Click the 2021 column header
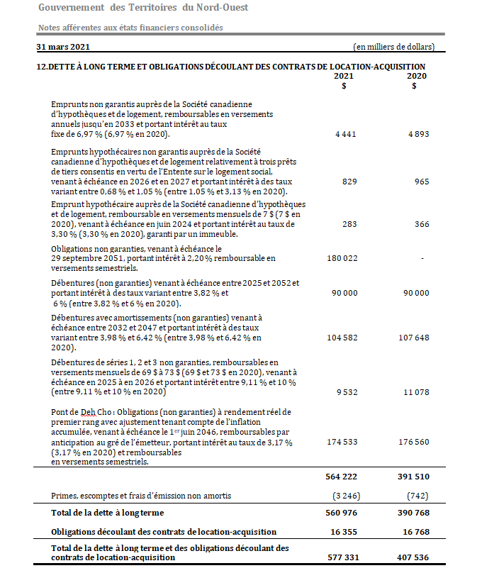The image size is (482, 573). (344, 76)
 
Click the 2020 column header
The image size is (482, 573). (416, 76)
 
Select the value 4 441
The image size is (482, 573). (344, 134)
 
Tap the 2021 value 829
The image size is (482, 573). (348, 182)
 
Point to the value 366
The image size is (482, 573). (421, 224)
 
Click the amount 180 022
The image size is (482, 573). (342, 259)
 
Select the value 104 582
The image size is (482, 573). (342, 338)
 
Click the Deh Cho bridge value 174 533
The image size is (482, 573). (342, 442)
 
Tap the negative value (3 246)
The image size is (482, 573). (342, 496)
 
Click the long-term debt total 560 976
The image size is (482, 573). (341, 513)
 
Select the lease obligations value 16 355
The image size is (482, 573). (343, 531)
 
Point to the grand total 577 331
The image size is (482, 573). (341, 557)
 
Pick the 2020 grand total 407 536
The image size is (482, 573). (413, 557)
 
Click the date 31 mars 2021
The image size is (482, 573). (63, 47)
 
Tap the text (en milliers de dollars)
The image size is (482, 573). (393, 47)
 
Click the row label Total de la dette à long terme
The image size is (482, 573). (108, 513)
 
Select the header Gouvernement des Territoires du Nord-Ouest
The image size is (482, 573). (143, 7)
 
